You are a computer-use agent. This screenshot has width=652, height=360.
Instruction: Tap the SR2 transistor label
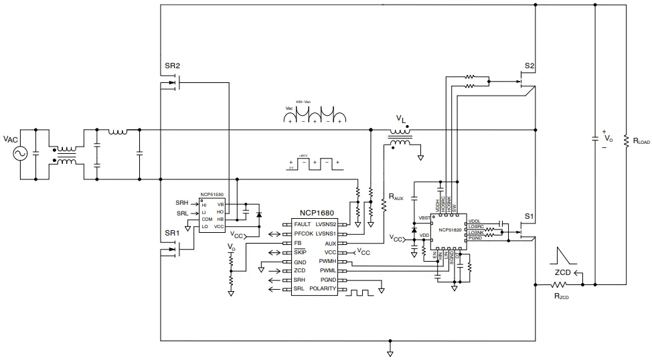(x=172, y=66)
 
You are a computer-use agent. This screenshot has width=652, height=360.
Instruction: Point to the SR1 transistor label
(x=172, y=233)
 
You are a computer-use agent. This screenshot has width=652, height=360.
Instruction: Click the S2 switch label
(x=529, y=66)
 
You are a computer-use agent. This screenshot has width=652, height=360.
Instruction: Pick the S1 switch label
(x=529, y=216)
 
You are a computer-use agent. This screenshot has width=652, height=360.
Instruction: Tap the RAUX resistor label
(x=396, y=198)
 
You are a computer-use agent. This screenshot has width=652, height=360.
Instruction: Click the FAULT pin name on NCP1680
(x=303, y=223)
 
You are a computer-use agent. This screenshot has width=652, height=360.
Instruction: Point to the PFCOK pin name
(x=305, y=234)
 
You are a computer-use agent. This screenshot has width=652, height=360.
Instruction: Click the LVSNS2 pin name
(x=325, y=223)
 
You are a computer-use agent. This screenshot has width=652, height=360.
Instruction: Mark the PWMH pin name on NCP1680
(x=327, y=261)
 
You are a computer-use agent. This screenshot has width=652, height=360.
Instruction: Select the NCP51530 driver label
(x=211, y=196)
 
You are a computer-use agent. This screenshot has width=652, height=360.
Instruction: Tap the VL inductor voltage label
(x=400, y=119)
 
